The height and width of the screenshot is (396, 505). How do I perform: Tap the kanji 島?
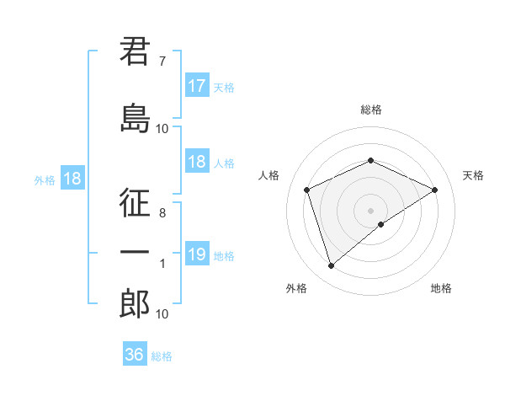click(x=135, y=120)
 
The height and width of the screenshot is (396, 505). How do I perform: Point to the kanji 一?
click(x=135, y=254)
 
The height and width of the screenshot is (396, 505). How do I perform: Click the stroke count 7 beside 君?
click(x=162, y=61)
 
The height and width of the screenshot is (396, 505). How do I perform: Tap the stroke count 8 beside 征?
click(x=162, y=213)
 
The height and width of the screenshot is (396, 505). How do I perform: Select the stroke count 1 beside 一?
click(x=162, y=264)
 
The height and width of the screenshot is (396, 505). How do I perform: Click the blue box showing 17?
click(x=197, y=86)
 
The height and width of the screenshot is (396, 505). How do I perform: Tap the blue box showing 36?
click(x=135, y=355)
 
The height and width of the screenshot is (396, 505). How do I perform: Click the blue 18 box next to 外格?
click(x=72, y=179)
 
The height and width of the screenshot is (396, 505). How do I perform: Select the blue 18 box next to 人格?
click(x=197, y=163)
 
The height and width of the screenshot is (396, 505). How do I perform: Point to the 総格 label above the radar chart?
click(x=370, y=110)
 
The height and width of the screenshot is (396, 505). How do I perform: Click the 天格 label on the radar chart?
click(x=473, y=175)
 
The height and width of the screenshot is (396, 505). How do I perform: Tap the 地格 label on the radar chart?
click(x=441, y=289)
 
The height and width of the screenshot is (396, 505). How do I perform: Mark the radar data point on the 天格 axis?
click(x=434, y=190)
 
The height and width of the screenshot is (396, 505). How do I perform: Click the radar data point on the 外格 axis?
click(x=331, y=266)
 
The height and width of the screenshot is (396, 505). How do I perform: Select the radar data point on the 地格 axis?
click(x=381, y=224)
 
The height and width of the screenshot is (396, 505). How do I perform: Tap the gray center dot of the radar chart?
click(x=370, y=210)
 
